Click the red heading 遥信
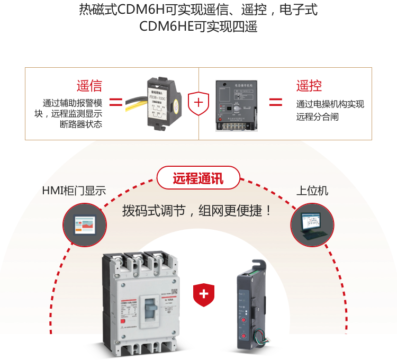coord(89,86)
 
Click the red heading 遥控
coord(309,86)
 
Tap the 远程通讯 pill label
coord(198,178)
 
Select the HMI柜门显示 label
coord(74,191)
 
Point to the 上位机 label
coord(312,191)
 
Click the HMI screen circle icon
coord(85,225)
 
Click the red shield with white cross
coord(204,294)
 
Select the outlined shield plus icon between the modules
coord(198,102)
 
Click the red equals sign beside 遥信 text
coord(116,102)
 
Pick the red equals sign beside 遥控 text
coord(275,102)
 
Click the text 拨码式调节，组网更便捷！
coord(197,210)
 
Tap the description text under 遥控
coord(330,110)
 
